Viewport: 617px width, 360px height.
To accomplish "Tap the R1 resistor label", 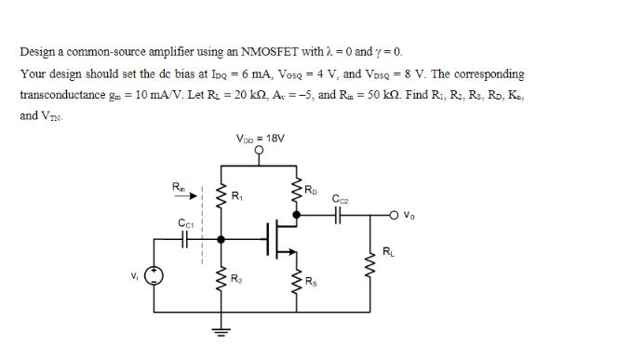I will [x=237, y=196].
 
